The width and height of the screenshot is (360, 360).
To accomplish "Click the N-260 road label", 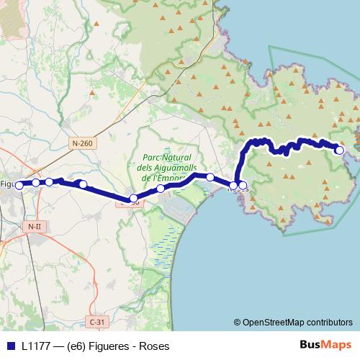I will [83, 144].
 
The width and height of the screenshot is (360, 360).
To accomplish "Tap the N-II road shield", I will [34, 227].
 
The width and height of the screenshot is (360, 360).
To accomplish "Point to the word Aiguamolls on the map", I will [169, 167].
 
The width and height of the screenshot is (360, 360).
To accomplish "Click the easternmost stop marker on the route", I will [340, 150].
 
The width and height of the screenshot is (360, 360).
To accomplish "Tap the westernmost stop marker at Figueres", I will [19, 184].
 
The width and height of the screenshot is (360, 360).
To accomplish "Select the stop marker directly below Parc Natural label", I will [161, 188].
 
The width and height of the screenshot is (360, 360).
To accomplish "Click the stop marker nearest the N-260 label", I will [84, 184].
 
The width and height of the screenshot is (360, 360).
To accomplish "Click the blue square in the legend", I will [12, 345].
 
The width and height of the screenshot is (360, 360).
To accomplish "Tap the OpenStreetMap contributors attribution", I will [298, 322].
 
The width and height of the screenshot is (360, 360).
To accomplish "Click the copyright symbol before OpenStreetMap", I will [238, 322].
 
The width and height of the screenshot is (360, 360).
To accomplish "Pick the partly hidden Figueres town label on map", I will [7, 184].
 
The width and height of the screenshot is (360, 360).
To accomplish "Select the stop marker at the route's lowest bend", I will [133, 198].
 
